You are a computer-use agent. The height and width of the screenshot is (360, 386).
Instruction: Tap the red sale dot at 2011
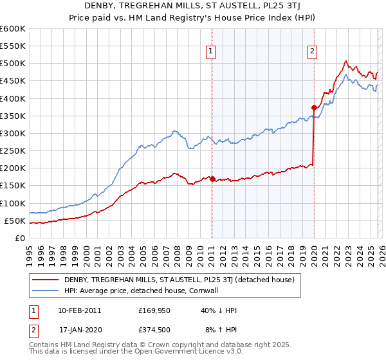212,179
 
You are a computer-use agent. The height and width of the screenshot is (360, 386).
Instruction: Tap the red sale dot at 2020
314,107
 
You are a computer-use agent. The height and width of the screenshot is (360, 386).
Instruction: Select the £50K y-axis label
15,221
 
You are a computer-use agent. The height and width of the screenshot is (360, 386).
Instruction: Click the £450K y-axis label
12,81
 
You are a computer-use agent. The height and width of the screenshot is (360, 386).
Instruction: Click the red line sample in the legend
46,280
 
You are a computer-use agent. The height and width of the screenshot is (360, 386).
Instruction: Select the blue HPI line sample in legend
46,291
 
